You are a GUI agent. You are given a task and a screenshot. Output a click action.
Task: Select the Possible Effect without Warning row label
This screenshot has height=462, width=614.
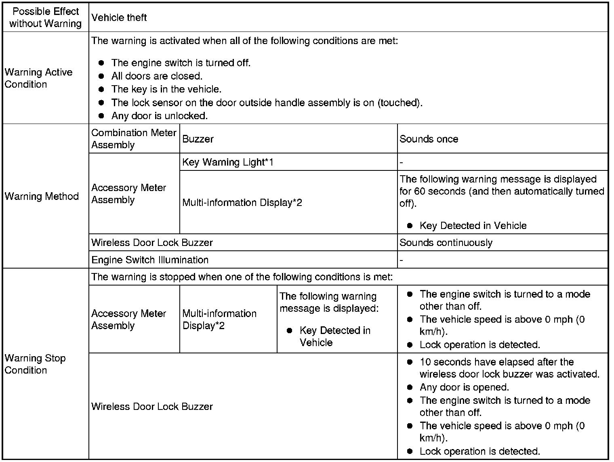click(45, 18)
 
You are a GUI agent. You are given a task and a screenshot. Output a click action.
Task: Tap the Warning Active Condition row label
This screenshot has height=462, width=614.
click(39, 78)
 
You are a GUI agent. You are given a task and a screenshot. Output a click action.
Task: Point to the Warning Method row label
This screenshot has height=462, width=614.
click(42, 197)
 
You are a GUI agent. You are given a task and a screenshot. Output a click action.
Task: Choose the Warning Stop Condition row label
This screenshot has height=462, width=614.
click(35, 364)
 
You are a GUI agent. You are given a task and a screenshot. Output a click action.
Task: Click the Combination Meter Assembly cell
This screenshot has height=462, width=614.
click(134, 139)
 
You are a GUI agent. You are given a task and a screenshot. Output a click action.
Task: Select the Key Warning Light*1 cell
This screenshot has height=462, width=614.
click(228, 162)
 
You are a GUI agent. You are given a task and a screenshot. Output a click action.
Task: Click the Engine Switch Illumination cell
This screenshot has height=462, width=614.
click(150, 260)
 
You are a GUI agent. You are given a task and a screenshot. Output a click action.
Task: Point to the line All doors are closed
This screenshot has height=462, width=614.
click(157, 76)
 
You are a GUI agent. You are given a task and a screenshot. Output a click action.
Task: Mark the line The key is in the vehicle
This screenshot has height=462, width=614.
click(166, 89)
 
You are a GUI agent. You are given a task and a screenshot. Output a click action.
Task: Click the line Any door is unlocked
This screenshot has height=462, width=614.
click(160, 116)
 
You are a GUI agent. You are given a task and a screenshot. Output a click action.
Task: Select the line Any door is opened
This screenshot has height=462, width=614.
click(464, 388)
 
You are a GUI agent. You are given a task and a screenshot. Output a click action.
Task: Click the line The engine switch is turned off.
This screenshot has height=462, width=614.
click(181, 63)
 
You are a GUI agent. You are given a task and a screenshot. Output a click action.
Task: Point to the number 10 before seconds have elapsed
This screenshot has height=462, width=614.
click(425, 362)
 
